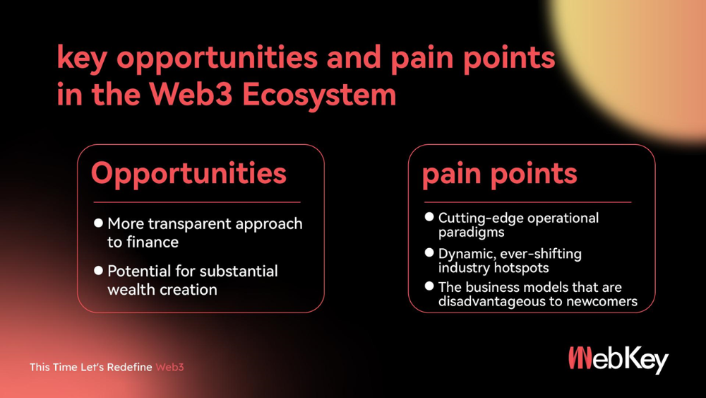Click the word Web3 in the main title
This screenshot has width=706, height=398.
(x=191, y=94)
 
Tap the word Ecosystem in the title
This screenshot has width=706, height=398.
(x=319, y=95)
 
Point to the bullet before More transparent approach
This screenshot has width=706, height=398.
(x=99, y=223)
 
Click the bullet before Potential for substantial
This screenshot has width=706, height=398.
(x=99, y=271)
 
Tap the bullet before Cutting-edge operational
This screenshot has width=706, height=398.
(x=429, y=217)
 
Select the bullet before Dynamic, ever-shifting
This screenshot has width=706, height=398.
(x=429, y=252)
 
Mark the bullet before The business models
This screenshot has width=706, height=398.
(x=429, y=286)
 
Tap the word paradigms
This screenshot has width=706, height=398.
(x=472, y=233)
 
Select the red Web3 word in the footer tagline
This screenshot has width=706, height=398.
(x=169, y=368)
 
